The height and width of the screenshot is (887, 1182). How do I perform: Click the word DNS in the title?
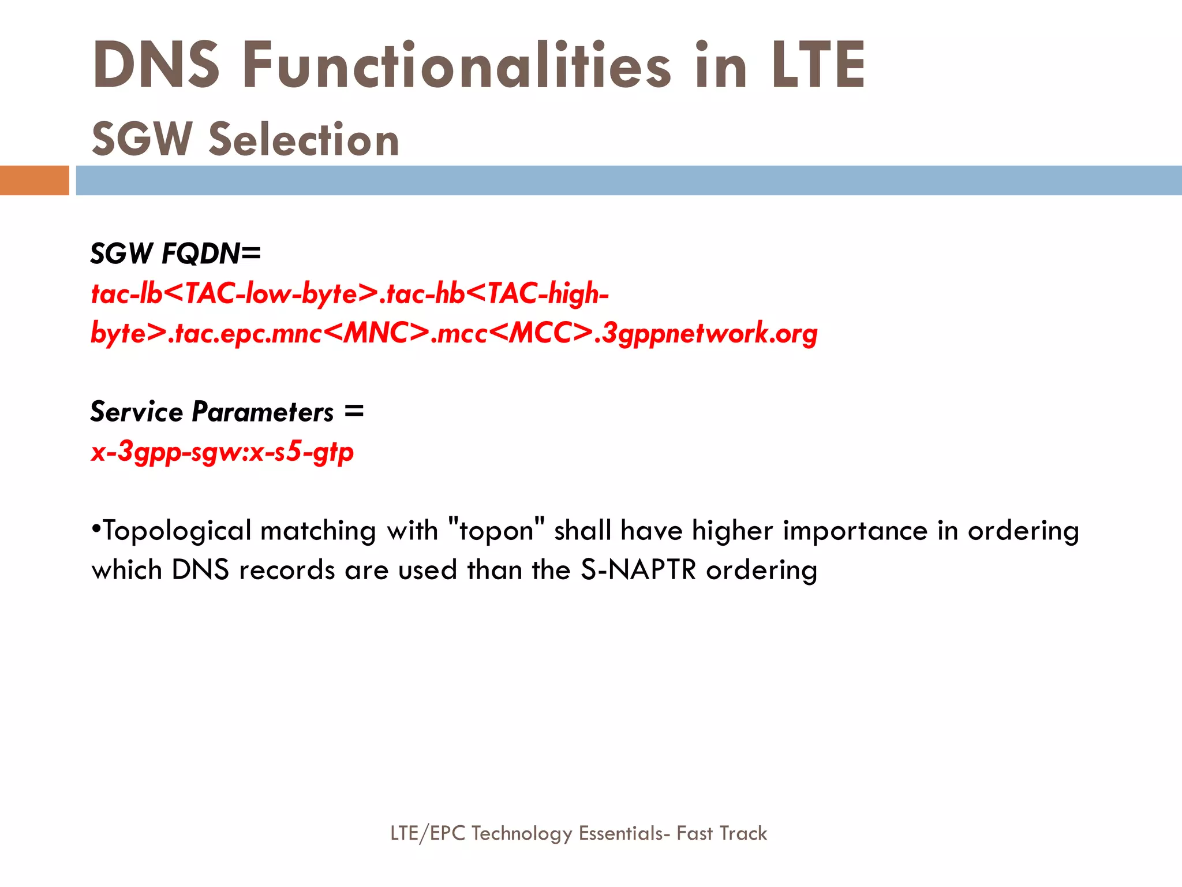click(156, 65)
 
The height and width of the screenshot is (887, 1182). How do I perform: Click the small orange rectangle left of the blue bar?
click(34, 180)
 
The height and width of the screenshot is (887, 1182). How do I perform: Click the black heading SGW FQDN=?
click(175, 254)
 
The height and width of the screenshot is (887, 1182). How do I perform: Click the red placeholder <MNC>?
click(378, 333)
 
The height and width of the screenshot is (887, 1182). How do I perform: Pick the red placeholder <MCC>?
click(543, 333)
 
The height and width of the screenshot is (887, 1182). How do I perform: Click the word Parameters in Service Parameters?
click(263, 412)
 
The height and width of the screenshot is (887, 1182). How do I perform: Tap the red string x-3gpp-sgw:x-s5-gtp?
click(222, 452)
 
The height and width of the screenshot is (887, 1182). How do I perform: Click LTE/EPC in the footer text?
click(428, 833)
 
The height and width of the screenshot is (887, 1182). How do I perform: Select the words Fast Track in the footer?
click(721, 833)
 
